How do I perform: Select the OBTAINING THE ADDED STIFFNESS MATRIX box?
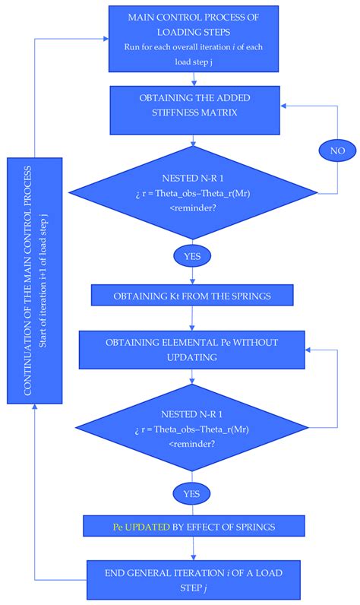tap(196, 107)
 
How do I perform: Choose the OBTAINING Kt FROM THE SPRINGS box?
tap(196, 295)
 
